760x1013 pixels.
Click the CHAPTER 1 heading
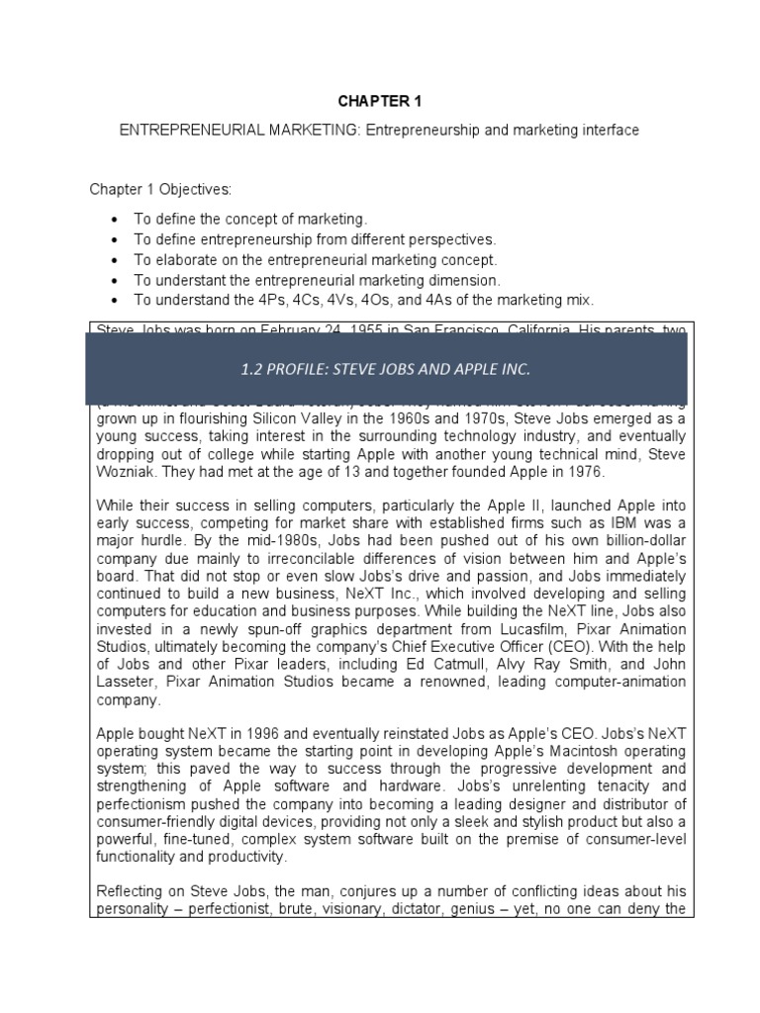pos(380,100)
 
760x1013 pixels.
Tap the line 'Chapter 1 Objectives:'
pos(159,189)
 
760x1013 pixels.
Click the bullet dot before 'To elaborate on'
pos(118,260)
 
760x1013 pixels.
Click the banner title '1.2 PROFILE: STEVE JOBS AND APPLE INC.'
pos(386,369)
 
